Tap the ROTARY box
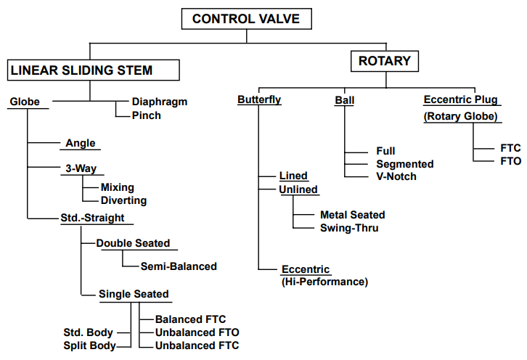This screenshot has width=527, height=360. point(385,61)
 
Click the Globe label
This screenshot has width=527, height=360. point(25,102)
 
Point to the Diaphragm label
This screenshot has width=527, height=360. point(160,102)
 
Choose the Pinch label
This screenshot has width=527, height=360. point(147,115)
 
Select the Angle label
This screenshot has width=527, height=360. point(81,143)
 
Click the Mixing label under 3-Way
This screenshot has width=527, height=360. point(118,187)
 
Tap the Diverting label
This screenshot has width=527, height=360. point(123,200)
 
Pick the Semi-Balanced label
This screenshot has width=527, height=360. point(179,266)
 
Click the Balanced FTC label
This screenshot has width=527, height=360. point(191,319)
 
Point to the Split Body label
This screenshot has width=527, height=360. point(89,345)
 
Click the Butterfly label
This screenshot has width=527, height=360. point(259,99)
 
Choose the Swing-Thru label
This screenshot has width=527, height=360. point(349,228)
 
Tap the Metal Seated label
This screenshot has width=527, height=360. point(353,215)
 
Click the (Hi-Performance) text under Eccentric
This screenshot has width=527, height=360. point(324,282)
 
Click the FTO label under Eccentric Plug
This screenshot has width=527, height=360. point(511,160)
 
